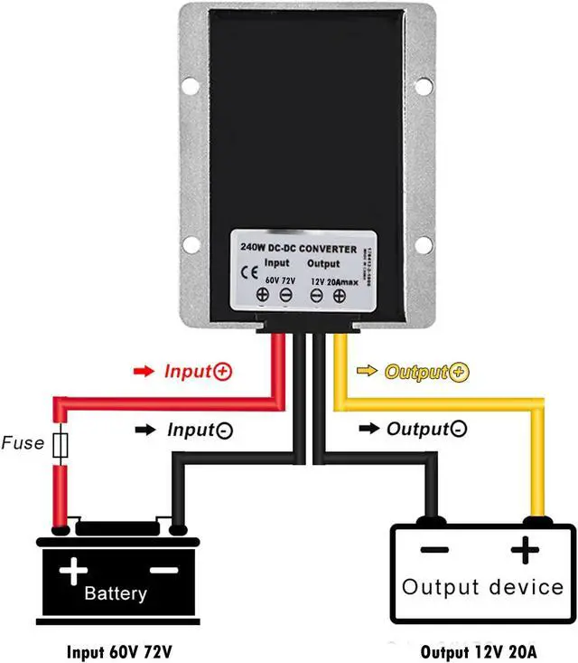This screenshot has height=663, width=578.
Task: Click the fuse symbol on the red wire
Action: [61, 445]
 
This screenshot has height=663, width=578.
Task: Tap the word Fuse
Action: [23, 444]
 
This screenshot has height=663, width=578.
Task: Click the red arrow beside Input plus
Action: [144, 371]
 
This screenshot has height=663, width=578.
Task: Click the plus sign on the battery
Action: [73, 570]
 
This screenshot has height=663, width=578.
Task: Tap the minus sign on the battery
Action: [163, 569]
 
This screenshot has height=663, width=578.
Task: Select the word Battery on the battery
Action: [115, 594]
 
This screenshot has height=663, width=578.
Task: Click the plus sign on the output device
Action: [527, 550]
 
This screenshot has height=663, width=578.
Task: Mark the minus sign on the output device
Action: [434, 550]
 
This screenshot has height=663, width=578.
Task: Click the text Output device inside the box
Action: [482, 587]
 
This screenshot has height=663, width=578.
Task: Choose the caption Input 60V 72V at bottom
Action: [121, 651]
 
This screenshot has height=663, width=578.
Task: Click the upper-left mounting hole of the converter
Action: [192, 88]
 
